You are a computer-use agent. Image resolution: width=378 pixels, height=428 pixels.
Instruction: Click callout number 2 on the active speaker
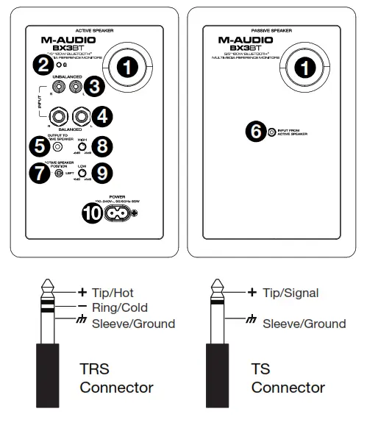(x=45, y=65)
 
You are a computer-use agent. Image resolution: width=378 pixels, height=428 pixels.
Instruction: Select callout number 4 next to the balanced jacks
(x=104, y=115)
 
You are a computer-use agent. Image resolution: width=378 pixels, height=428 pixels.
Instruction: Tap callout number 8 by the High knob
(x=103, y=146)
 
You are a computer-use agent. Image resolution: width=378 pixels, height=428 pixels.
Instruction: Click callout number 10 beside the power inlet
(x=93, y=213)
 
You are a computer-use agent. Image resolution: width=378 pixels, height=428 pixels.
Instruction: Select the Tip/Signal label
(x=290, y=293)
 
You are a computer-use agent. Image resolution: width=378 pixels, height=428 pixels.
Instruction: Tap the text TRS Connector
(x=116, y=377)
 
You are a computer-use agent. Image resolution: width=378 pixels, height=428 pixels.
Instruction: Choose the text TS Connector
(x=288, y=377)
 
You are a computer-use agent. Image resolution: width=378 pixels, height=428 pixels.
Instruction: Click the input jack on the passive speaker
(x=272, y=132)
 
